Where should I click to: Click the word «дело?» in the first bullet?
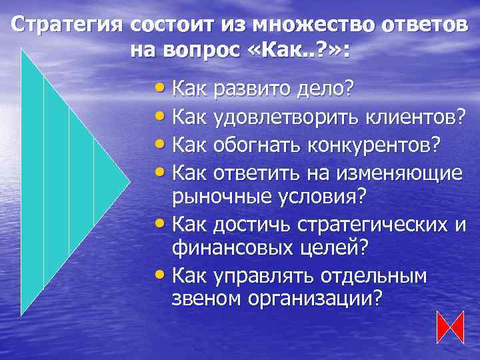click(325, 89)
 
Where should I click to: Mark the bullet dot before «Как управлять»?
click(162, 274)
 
